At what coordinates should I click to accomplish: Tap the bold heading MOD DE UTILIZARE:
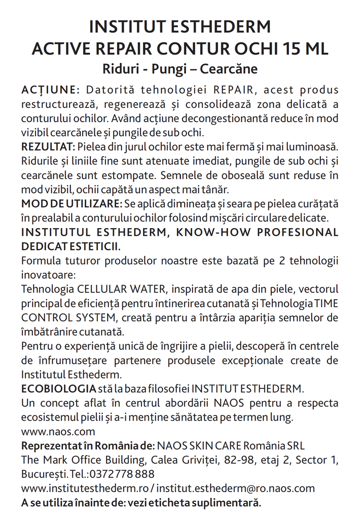pos(71,204)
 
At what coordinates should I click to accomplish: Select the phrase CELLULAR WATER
pos(122,289)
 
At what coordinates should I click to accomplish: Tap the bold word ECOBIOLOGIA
pos(58,389)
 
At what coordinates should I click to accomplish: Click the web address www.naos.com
pos(58,432)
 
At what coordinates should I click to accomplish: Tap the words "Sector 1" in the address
pos(316,460)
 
